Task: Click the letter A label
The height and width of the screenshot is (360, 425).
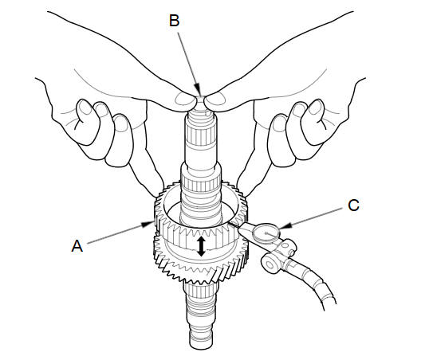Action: tap(77, 246)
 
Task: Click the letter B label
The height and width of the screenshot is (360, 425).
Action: tap(175, 20)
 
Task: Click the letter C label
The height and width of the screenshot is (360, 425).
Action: tap(353, 205)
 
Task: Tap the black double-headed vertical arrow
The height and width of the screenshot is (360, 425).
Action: tap(201, 246)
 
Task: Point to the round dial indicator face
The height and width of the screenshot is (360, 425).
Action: tap(266, 233)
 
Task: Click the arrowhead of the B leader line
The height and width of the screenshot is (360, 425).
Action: tap(199, 92)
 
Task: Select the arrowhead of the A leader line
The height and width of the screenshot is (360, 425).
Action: tap(148, 223)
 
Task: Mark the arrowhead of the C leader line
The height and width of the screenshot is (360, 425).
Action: tap(285, 225)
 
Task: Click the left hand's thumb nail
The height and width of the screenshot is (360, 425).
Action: tap(184, 99)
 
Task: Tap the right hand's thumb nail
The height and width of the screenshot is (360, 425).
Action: tap(216, 99)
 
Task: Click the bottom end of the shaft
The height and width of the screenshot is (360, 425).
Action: tap(201, 345)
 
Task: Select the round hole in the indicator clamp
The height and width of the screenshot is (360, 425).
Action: tap(270, 264)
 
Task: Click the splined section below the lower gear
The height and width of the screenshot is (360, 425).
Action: tap(201, 294)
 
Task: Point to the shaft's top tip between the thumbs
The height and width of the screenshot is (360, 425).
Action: tap(200, 99)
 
